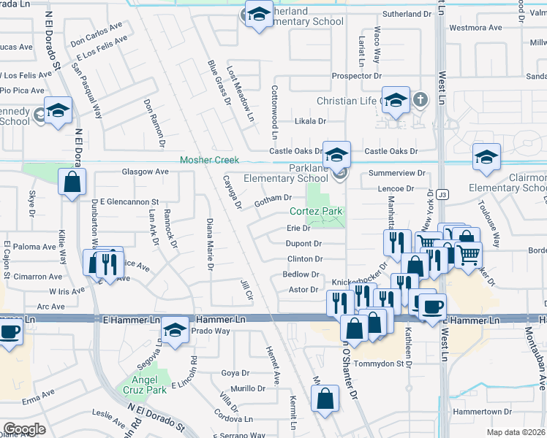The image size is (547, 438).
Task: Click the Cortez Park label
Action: [x=317, y=212]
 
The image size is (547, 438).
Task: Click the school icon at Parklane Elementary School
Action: [x=337, y=155]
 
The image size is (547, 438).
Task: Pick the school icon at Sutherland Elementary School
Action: [x=257, y=15]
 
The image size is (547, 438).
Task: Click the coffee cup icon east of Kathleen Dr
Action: [x=432, y=307]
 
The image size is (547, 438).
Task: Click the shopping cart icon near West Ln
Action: [x=469, y=255]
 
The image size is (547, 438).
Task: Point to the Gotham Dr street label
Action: [x=273, y=198]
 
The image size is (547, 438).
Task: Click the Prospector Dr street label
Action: [x=357, y=76]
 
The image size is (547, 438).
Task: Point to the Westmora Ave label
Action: [x=475, y=28]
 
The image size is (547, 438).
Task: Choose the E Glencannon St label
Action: [x=124, y=201]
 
